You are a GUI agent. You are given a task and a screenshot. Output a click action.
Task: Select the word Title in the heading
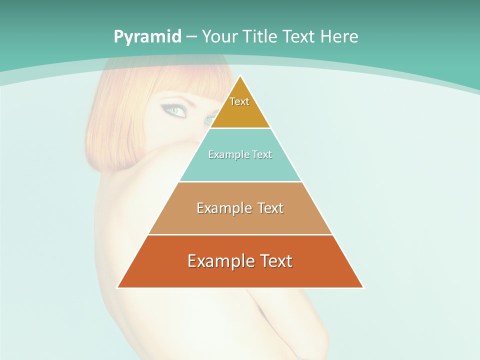[259, 37]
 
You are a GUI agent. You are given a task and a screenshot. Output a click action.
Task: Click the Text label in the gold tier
[239, 101]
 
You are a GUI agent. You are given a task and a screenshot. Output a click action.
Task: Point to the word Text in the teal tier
[262, 154]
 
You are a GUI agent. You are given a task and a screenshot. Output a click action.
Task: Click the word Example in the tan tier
[224, 208]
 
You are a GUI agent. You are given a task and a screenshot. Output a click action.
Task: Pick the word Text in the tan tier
[270, 208]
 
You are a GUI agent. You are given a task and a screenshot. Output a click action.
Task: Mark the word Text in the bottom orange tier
[275, 261]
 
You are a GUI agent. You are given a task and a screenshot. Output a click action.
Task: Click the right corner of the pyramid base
[362, 287]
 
